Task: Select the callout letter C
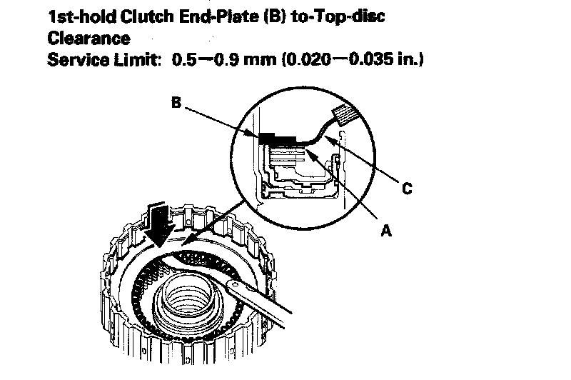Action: coord(406,189)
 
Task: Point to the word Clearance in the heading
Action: coord(89,37)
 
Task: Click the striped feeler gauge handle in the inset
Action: coord(347,113)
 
